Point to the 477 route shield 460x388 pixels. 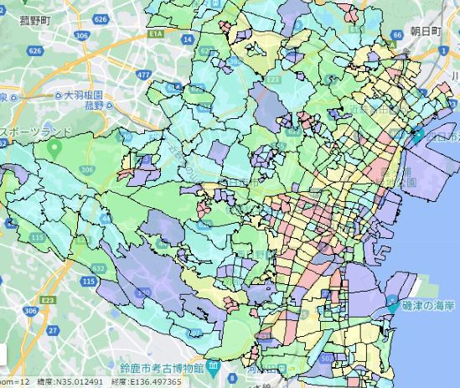coord(143,75)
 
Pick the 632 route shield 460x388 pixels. coord(100,267)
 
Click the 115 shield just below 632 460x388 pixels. coord(89,283)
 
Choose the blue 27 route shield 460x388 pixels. coord(52,331)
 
